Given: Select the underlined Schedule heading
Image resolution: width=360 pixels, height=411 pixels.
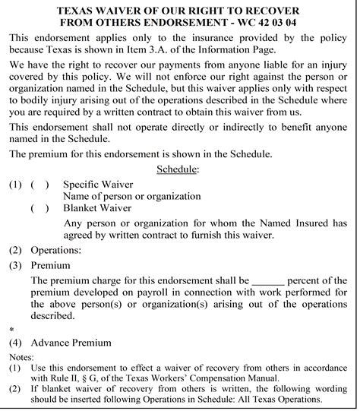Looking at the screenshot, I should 178,169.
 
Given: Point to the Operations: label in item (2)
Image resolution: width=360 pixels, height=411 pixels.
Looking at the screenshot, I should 56,250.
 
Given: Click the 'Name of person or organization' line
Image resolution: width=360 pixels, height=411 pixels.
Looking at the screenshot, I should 131,196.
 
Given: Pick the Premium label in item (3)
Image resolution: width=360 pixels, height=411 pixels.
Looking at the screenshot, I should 50,265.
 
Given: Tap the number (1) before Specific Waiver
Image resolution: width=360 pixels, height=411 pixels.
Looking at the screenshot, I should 15,184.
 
